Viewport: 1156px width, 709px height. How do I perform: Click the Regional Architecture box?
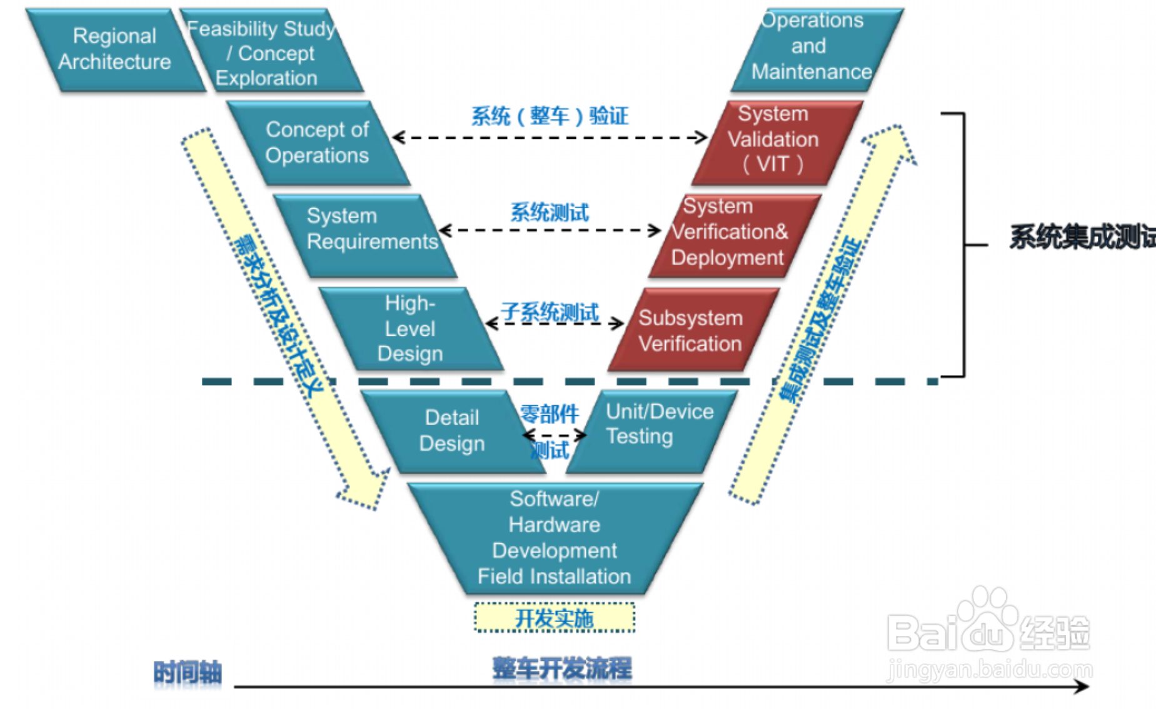click(114, 49)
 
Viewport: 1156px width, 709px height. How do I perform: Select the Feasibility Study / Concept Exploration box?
click(269, 53)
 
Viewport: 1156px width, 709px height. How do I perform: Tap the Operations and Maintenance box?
click(813, 48)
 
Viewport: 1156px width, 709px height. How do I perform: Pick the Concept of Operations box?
click(317, 143)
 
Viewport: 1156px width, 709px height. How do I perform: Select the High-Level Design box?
click(410, 329)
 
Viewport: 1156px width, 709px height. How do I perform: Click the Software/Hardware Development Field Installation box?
click(555, 538)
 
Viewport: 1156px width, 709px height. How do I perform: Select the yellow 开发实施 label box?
click(555, 618)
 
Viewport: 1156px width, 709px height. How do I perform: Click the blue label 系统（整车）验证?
click(550, 116)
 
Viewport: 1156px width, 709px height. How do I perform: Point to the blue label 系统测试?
click(550, 213)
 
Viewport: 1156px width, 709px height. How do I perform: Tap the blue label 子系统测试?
click(550, 312)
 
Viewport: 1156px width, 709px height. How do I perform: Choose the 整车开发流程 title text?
click(562, 668)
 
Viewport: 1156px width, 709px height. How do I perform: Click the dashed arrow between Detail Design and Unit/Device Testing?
click(554, 435)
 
